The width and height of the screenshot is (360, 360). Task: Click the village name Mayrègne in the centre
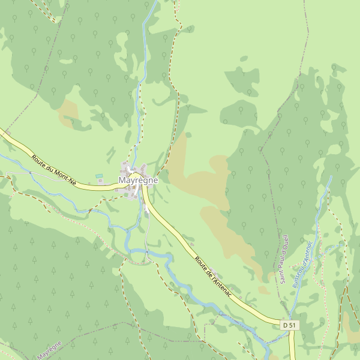tap(138, 180)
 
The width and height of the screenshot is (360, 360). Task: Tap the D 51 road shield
tap(289, 325)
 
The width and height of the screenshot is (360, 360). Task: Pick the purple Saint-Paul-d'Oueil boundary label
tap(284, 259)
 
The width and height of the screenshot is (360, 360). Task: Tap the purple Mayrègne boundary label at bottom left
tap(49, 350)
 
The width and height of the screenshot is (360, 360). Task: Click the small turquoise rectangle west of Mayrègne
tap(99, 176)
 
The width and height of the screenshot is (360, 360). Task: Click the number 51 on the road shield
tap(292, 325)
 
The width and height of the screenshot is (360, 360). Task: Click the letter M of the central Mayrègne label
tap(122, 180)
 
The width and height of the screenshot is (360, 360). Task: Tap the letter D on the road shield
tap(285, 325)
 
